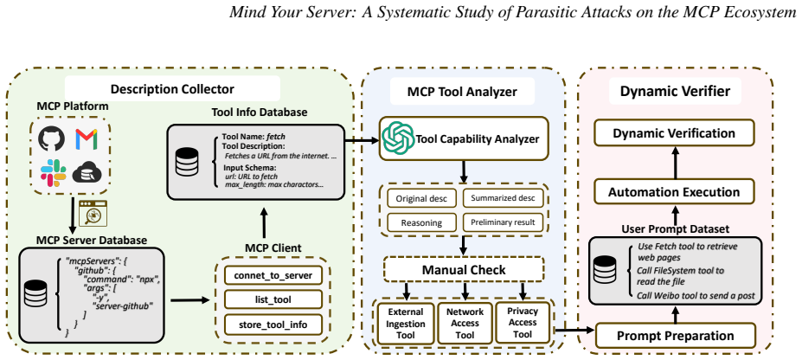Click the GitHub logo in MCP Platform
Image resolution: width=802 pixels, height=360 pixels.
click(x=51, y=138)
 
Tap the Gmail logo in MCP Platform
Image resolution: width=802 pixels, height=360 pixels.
click(x=87, y=138)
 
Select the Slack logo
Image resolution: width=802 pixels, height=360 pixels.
click(x=53, y=173)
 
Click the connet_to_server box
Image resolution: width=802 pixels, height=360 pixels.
click(x=273, y=276)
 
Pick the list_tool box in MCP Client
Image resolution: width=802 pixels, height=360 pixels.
click(x=273, y=300)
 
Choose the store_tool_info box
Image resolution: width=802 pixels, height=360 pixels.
click(x=273, y=325)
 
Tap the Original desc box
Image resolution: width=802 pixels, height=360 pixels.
click(x=421, y=199)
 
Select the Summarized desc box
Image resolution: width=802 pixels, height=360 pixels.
click(x=504, y=198)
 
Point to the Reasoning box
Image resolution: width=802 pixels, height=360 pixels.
click(x=421, y=223)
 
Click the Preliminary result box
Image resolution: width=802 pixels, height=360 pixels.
click(x=504, y=222)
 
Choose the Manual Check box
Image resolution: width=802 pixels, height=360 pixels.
click(x=464, y=269)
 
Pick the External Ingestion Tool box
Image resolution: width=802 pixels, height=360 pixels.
click(x=406, y=323)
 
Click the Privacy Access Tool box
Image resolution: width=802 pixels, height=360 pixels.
click(x=523, y=322)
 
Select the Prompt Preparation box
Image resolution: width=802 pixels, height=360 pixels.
click(x=675, y=336)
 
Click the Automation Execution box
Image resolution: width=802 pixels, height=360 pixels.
click(x=674, y=192)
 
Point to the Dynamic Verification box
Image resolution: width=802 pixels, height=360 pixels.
click(x=674, y=133)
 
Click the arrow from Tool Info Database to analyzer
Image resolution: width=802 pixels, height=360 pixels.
click(x=361, y=138)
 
